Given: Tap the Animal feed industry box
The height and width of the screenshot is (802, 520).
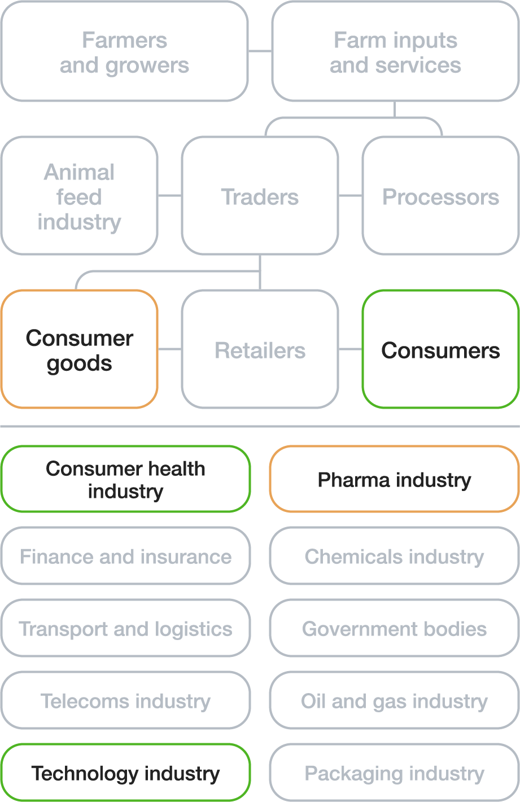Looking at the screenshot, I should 79,196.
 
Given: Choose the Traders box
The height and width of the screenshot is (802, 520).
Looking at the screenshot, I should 260,196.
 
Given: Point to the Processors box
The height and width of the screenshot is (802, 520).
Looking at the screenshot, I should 440,196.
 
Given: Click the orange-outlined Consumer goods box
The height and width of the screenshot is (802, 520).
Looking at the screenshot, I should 79,349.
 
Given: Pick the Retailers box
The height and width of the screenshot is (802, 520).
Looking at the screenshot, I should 260,349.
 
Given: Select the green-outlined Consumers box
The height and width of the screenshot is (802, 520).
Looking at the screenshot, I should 440,349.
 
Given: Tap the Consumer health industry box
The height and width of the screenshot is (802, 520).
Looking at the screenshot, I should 125,479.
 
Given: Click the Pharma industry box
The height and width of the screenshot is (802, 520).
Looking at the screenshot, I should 394,479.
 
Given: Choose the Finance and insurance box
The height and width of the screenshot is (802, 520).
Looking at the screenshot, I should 125,556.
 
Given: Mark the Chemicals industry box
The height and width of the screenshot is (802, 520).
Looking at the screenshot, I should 394,556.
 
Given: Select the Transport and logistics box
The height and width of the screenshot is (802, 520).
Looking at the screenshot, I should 125,628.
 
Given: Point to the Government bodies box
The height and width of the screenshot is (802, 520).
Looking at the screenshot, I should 394,628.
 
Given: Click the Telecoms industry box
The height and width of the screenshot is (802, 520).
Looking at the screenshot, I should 125,700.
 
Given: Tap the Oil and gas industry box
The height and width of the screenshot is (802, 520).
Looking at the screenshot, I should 394,700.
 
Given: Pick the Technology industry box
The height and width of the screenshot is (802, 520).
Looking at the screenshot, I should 125,773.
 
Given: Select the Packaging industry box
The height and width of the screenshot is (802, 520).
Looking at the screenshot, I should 394,773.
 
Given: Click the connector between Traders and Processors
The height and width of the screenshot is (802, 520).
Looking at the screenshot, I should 350,196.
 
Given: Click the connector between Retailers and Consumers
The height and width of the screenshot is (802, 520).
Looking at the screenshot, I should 350,349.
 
